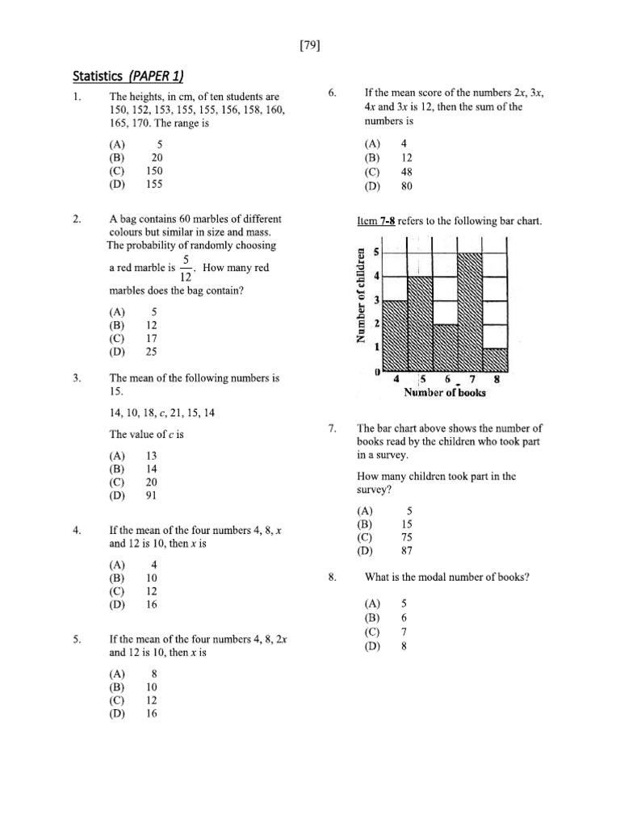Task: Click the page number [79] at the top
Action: coord(309,46)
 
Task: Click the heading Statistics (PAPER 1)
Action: coord(128,77)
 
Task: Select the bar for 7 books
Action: coord(470,311)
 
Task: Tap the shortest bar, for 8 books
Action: coord(495,359)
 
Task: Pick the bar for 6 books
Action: coord(445,346)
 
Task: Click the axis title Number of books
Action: coord(445,393)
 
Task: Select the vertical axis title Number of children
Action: coord(362,294)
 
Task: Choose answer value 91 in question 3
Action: coord(151,496)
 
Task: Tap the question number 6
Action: coord(332,94)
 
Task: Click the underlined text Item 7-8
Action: coord(379,221)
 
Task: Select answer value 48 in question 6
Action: coord(407,172)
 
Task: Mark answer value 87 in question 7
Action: coord(407,553)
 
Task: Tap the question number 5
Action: coord(76,640)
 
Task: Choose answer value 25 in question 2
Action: coord(151,352)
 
